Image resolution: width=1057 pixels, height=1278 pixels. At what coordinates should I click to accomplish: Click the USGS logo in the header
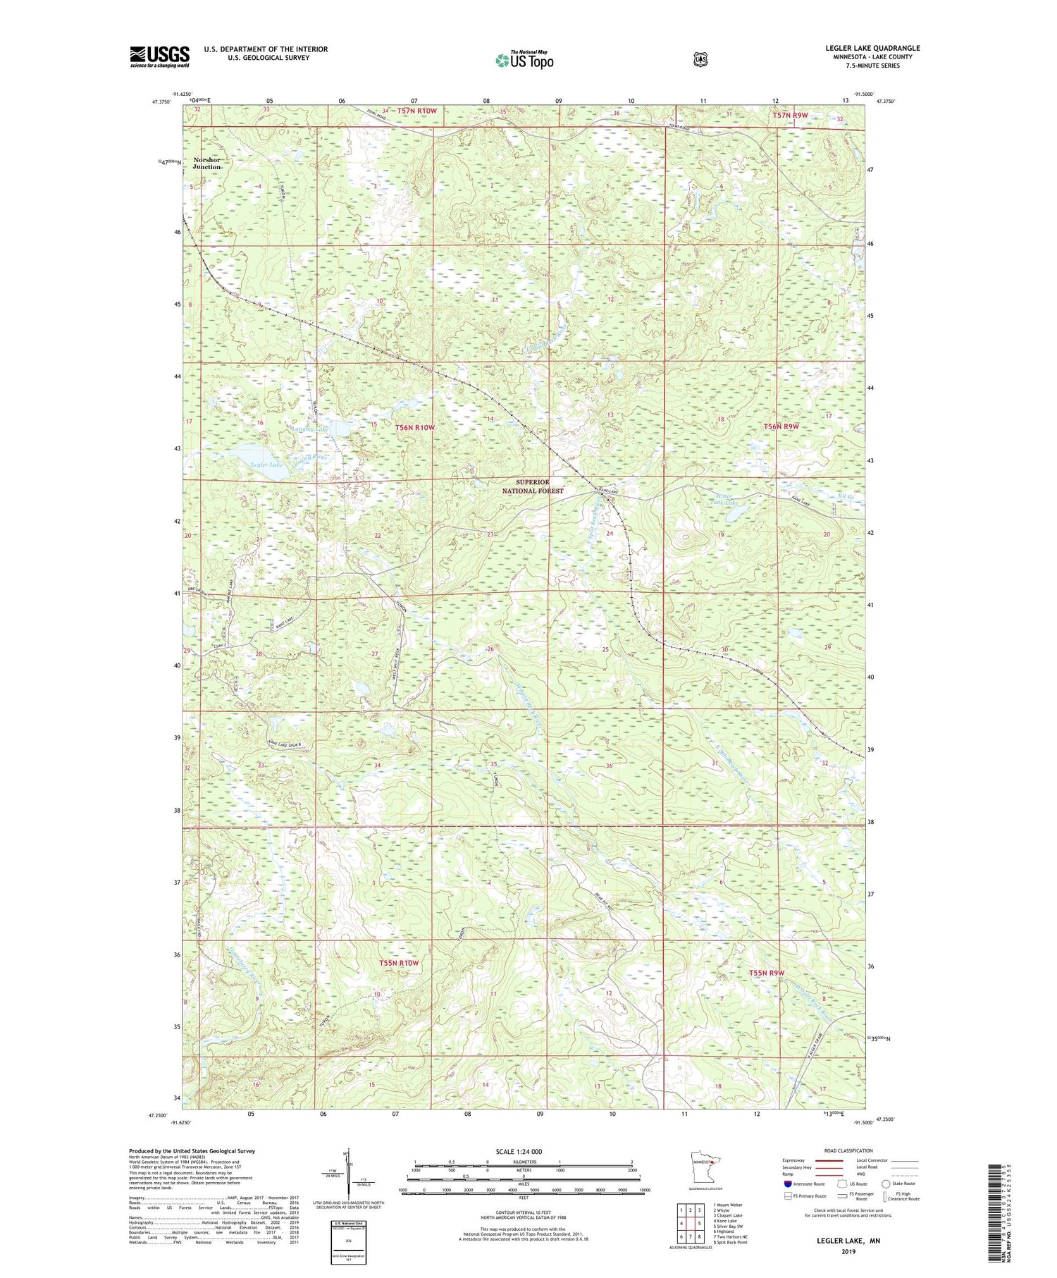159,56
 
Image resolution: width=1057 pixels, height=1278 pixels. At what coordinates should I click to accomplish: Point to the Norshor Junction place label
206,164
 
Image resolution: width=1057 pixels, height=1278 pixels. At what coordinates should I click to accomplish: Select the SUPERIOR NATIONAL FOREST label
533,486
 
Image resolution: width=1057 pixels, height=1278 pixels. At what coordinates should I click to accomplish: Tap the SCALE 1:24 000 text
519,1151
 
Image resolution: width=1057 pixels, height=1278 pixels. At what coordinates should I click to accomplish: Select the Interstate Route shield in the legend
788,1184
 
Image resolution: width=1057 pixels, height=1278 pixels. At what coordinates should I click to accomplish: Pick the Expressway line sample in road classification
829,1160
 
